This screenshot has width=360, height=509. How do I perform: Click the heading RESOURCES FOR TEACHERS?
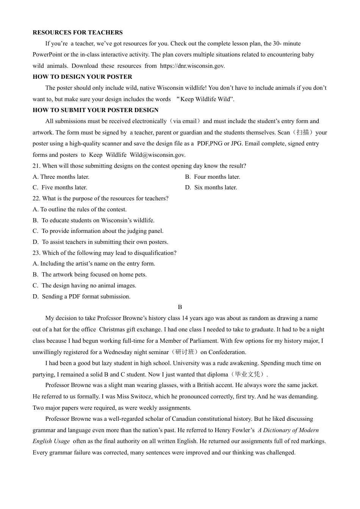(78, 33)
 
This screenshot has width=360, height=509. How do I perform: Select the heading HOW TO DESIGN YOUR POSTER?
(82, 77)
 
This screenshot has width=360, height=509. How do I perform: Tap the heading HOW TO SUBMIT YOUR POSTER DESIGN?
(95, 110)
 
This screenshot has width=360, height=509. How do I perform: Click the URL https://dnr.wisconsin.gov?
(192, 66)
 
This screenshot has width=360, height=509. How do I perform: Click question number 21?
(36, 166)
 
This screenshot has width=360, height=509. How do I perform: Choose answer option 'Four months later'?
(217, 177)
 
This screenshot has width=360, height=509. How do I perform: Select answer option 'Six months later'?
(216, 187)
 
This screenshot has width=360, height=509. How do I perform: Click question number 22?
(36, 198)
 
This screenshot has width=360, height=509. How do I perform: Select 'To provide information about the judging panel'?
(102, 231)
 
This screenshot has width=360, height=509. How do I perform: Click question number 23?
(36, 253)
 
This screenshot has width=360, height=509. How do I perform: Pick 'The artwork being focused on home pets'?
(94, 275)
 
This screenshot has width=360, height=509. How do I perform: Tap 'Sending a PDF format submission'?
(86, 297)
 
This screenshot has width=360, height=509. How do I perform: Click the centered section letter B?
(180, 307)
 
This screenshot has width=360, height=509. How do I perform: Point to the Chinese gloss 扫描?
(303, 133)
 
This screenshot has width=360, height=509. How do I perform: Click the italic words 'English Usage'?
(51, 441)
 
